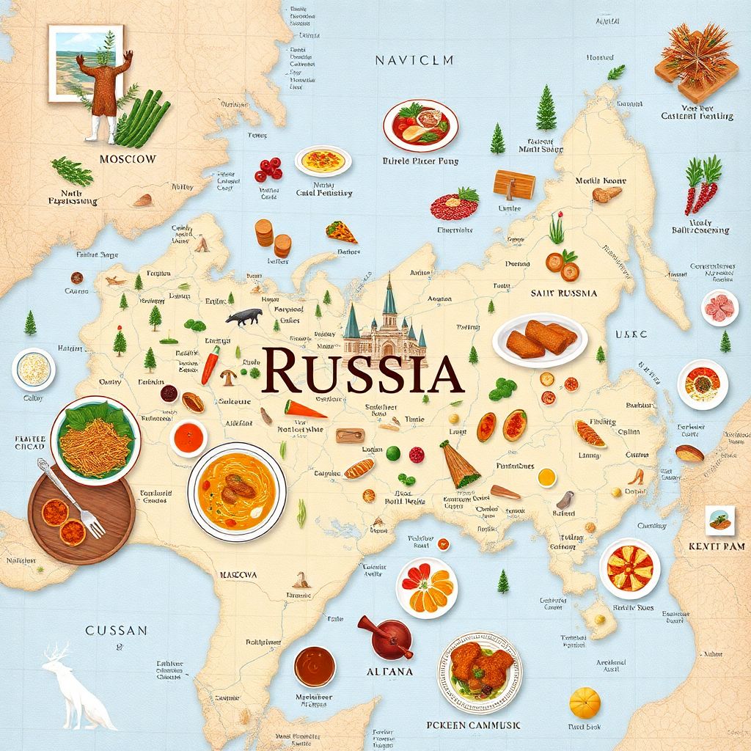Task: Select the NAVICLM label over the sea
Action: [414, 60]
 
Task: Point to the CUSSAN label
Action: [117, 630]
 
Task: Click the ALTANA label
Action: [389, 671]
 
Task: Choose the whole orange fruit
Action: [585, 703]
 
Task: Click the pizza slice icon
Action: [341, 232]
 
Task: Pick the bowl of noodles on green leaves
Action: [95, 438]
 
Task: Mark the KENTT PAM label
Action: [717, 546]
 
